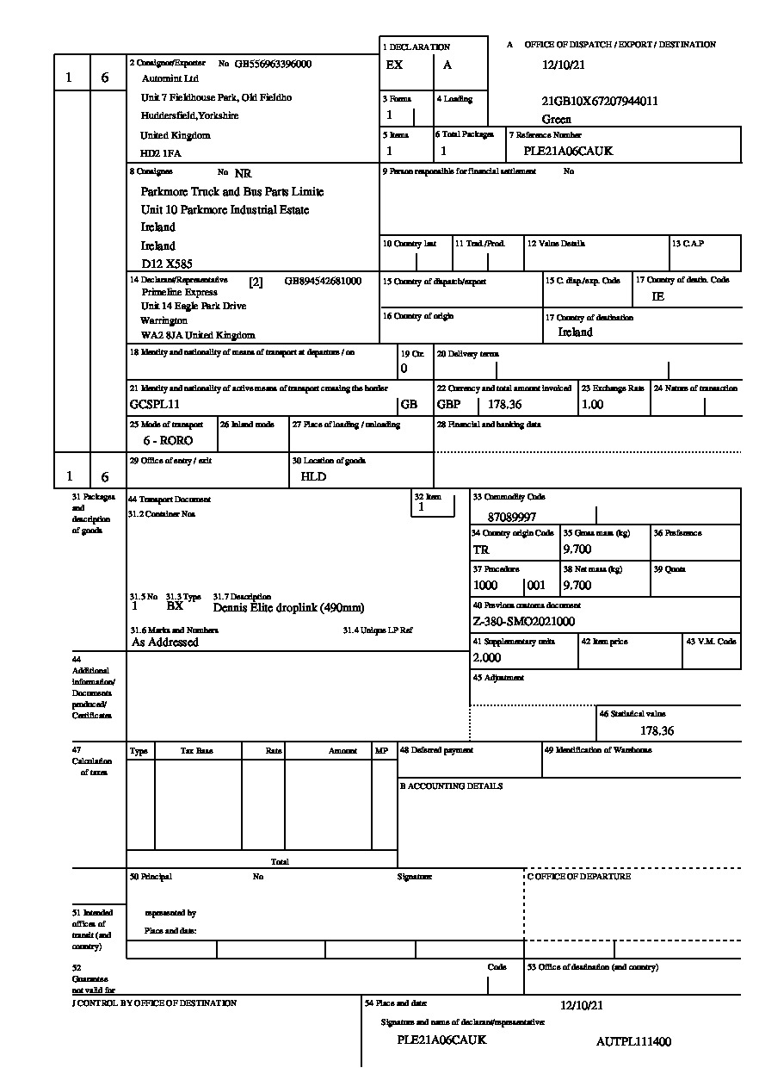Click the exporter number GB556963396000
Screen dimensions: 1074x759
point(273,64)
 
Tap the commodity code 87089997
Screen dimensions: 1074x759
point(511,517)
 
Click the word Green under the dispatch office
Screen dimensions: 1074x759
point(557,120)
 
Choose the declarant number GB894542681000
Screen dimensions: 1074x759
point(323,281)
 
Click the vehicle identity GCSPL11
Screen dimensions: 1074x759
point(154,404)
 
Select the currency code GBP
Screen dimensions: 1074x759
point(448,404)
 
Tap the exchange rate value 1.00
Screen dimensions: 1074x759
point(592,404)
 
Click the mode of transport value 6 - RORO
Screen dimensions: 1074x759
point(169,440)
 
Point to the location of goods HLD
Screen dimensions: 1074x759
point(313,476)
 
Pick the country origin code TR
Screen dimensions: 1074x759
point(481,549)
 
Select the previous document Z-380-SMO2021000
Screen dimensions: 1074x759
point(523,621)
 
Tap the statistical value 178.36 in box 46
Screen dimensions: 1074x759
point(657,730)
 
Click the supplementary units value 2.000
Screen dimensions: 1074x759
point(487,657)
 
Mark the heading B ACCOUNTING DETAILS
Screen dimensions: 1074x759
point(451,786)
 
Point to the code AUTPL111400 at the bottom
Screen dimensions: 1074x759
point(633,1041)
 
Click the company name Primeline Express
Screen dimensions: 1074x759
point(180,293)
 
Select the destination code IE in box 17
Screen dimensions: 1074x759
point(658,295)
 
